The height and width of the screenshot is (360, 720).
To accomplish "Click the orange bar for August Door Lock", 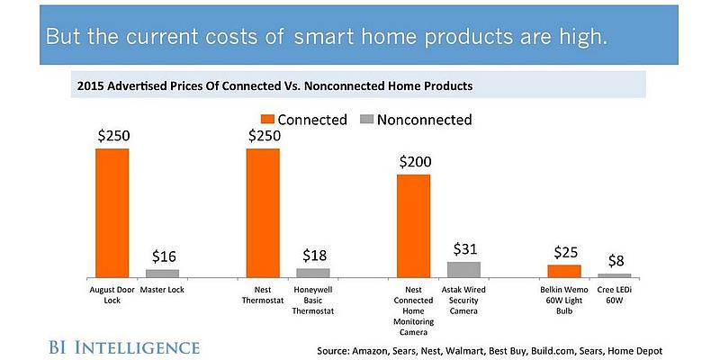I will (x=112, y=212).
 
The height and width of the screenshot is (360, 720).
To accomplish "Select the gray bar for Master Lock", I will (x=163, y=273).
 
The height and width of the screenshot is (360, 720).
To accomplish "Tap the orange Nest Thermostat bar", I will (x=263, y=212).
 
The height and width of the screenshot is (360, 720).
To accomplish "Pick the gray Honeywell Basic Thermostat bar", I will (x=313, y=272).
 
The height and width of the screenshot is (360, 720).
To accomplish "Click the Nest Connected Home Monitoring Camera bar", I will (x=414, y=225).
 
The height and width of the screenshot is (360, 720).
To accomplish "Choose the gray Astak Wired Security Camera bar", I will (x=464, y=269).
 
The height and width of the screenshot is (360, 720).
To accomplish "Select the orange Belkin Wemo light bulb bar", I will (x=564, y=271).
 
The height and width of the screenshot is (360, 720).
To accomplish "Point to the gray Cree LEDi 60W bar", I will (x=615, y=275).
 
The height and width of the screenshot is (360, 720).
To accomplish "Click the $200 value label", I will (x=414, y=162).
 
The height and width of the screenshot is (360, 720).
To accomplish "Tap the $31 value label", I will (x=464, y=247).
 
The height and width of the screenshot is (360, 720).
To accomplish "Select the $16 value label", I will (x=163, y=256).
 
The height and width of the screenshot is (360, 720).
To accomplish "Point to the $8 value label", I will (x=616, y=261).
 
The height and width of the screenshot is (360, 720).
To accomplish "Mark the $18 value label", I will (x=313, y=255).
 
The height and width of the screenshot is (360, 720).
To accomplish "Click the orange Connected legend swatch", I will (x=267, y=119).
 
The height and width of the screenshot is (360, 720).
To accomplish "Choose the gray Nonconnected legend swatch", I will (x=366, y=119).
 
